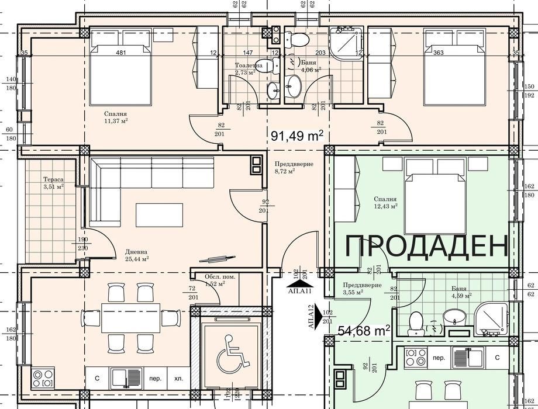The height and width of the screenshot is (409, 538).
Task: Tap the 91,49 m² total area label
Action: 297,136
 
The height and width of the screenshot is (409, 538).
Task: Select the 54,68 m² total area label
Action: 364,331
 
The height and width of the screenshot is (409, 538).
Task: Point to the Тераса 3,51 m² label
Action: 53,183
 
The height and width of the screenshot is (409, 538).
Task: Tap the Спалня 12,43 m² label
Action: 385,202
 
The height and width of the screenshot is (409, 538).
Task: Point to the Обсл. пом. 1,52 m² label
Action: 220,280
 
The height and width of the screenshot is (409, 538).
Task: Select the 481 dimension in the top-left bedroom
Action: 122,53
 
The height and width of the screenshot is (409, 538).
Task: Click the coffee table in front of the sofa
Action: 155,214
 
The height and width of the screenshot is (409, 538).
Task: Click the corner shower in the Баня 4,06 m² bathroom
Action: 345,41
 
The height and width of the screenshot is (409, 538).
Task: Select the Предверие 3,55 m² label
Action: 362,288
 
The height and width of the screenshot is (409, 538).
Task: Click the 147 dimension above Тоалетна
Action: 248,53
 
